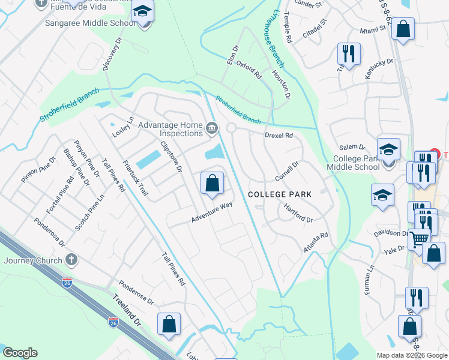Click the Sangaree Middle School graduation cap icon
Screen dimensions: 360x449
(x=143, y=12)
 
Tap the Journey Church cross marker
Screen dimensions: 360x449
(x=71, y=260)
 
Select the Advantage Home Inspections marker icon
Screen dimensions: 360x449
(x=211, y=128)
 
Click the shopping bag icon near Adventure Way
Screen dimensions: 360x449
(x=212, y=182)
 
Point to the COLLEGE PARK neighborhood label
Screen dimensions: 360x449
(x=280, y=194)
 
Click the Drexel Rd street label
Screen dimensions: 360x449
(x=279, y=136)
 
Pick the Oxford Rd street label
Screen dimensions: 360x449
(x=249, y=70)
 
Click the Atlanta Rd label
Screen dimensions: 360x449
(x=316, y=242)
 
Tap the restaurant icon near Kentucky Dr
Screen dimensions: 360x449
(x=348, y=53)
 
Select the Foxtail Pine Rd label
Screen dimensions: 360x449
(x=61, y=196)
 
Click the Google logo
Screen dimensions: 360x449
(x=20, y=353)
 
